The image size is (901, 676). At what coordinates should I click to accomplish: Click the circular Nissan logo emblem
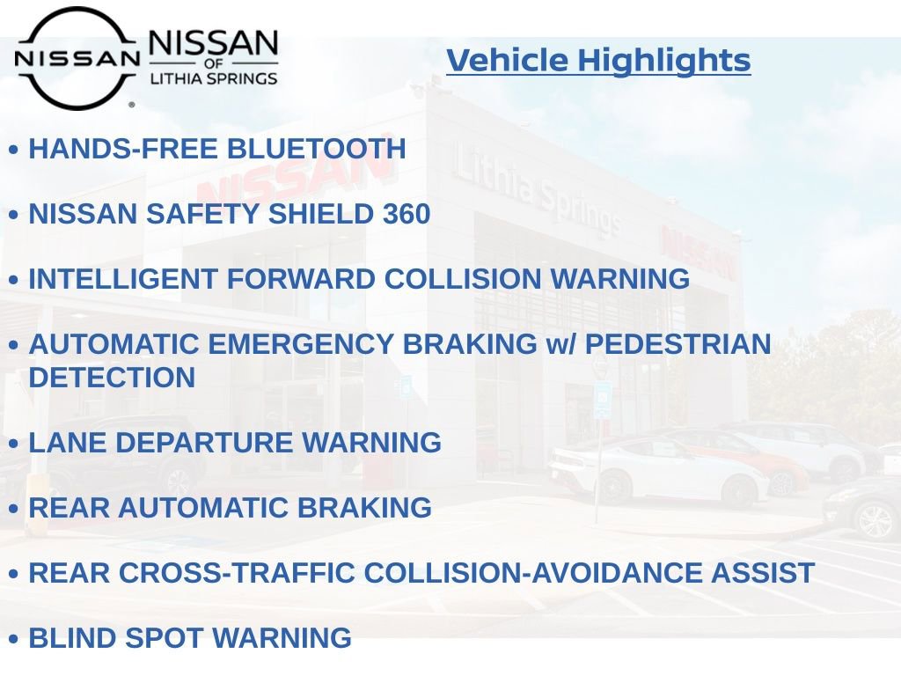click(77, 58)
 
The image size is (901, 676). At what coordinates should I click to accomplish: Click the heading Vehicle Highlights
click(598, 61)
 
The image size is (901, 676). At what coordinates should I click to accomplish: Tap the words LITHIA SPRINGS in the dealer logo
click(214, 78)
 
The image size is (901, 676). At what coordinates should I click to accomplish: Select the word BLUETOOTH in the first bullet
click(317, 149)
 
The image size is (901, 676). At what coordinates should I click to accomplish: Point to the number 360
click(407, 214)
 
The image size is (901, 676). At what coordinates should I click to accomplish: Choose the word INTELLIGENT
click(124, 279)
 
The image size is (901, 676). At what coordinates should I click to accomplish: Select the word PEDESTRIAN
click(678, 344)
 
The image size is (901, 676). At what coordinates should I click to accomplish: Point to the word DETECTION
click(112, 378)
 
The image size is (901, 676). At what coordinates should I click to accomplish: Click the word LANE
click(65, 443)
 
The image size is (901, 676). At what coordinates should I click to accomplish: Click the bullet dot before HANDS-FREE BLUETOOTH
click(14, 151)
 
